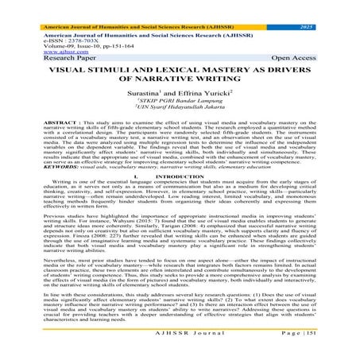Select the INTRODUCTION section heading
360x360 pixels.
[188, 176]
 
